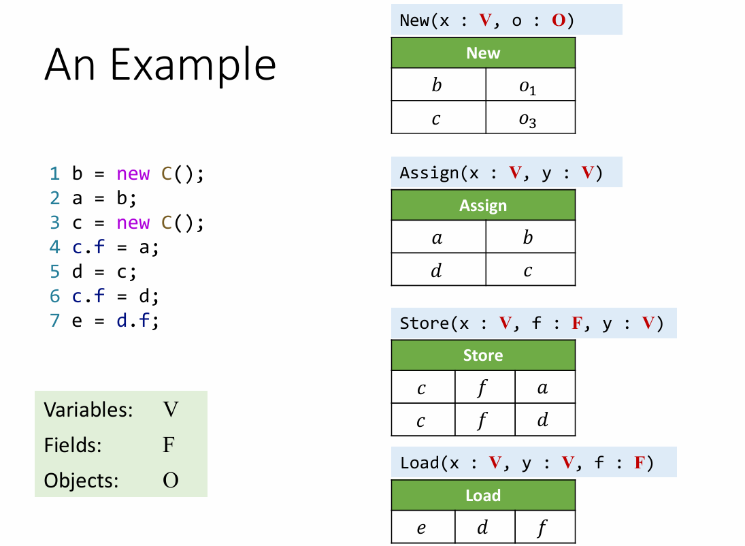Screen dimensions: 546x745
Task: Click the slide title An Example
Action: pyautogui.click(x=160, y=65)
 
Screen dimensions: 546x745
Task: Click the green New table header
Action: pyautogui.click(x=483, y=53)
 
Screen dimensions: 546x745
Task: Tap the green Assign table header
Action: pyautogui.click(x=483, y=206)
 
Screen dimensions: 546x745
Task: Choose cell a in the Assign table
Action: pyautogui.click(x=437, y=238)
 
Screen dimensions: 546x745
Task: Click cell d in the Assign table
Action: pyautogui.click(x=437, y=270)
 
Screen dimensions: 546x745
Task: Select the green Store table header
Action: pyautogui.click(x=483, y=355)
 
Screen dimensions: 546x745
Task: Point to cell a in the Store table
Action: pyautogui.click(x=542, y=388)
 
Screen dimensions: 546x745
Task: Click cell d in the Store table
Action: pyautogui.click(x=542, y=420)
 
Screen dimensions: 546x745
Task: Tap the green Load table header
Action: pyautogui.click(x=483, y=496)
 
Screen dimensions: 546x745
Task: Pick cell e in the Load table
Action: pyautogui.click(x=422, y=528)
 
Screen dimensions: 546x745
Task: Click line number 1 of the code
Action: pyautogui.click(x=54, y=174)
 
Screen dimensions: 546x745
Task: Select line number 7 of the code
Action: pyautogui.click(x=54, y=320)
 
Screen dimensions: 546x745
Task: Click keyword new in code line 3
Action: pyautogui.click(x=133, y=223)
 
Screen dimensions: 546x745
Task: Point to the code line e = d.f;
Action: pyautogui.click(x=115, y=320)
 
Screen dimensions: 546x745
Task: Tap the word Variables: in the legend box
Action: pyautogui.click(x=88, y=410)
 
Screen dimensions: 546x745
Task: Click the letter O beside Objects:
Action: pyautogui.click(x=171, y=481)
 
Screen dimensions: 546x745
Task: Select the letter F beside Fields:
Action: pyautogui.click(x=169, y=445)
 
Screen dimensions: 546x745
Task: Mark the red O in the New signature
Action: pyautogui.click(x=559, y=20)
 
